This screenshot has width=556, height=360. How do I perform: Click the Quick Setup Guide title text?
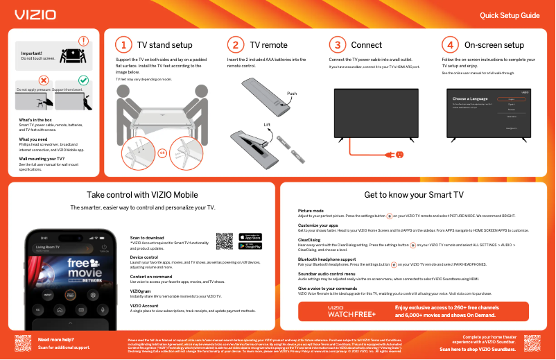pyautogui.click(x=510, y=15)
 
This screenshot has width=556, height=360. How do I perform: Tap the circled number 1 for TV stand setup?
pyautogui.click(x=123, y=45)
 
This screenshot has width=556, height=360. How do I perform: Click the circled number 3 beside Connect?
pyautogui.click(x=337, y=45)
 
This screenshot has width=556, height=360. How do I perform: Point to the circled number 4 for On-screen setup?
pyautogui.click(x=450, y=45)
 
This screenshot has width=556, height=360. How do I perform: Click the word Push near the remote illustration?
pyautogui.click(x=292, y=93)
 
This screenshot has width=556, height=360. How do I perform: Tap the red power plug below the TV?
pyautogui.click(x=400, y=154)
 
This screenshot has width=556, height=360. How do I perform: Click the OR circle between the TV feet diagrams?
pyautogui.click(x=162, y=153)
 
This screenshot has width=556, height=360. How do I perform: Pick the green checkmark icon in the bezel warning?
pyautogui.click(x=83, y=81)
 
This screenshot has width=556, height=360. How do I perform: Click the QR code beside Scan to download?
pyautogui.click(x=224, y=241)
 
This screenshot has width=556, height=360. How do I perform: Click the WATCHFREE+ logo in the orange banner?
pyautogui.click(x=352, y=311)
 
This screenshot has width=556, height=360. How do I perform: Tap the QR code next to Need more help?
pyautogui.click(x=23, y=343)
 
